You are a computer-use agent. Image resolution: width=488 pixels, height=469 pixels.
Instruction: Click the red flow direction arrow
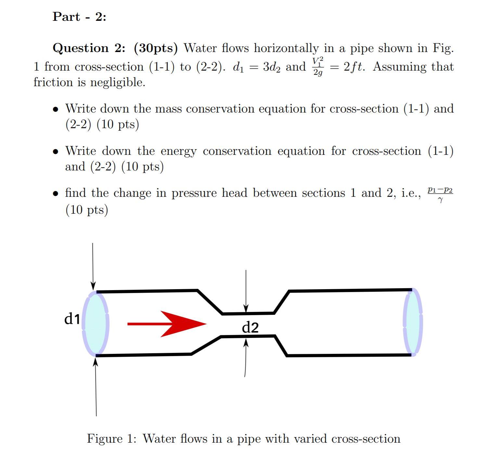pos(167,324)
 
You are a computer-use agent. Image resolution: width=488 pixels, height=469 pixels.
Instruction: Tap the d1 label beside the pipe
pos(72,319)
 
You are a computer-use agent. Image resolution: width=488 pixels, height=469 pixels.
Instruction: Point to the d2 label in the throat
pos(250,328)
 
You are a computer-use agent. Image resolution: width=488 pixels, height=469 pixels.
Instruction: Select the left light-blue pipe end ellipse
pos(96,323)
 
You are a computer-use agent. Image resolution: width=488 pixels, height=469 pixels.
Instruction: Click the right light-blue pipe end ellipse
pos(413,322)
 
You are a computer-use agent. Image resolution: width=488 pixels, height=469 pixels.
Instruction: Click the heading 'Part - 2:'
pos(79,17)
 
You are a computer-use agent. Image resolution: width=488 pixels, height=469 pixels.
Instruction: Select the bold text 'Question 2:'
pos(89,48)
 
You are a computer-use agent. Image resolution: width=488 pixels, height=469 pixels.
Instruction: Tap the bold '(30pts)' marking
pos(156,48)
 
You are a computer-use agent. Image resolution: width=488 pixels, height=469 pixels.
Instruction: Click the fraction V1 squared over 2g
pos(318,67)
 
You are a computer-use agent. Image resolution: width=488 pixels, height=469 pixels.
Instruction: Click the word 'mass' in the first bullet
pos(168,109)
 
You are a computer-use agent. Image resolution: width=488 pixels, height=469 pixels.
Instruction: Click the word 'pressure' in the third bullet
pos(194,193)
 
